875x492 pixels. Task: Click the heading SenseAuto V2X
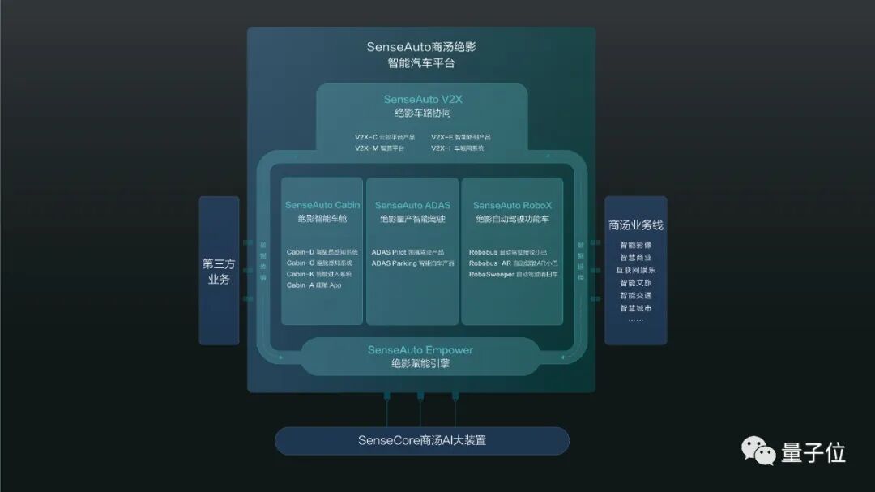422,100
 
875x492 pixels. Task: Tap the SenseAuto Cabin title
322,205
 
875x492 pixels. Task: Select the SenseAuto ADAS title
412,206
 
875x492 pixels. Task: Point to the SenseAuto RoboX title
512,206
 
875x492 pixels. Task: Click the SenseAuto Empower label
420,350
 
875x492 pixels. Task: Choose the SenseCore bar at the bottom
421,441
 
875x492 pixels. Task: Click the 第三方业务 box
219,271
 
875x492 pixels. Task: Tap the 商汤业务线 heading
635,225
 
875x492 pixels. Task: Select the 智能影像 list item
635,245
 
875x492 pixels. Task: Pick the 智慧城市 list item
635,308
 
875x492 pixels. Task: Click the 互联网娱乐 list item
635,270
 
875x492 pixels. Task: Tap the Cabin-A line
314,285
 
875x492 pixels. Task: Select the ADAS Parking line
412,263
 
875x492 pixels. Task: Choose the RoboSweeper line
512,275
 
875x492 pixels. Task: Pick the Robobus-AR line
512,263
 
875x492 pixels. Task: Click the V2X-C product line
384,137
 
